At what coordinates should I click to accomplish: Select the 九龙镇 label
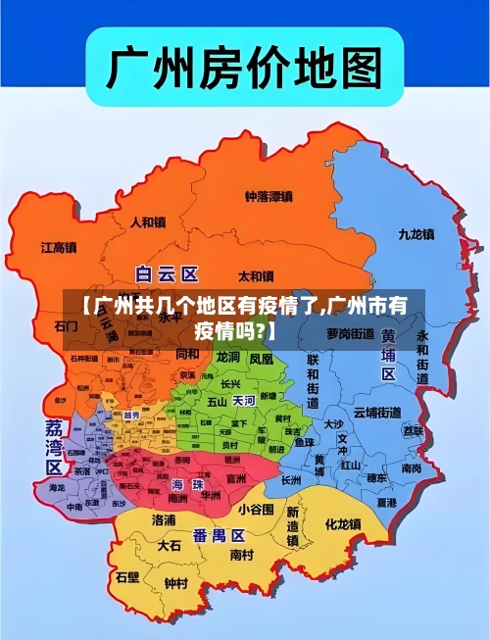tap(416, 234)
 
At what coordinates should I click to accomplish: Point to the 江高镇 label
tap(59, 247)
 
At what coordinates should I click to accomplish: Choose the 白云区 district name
tap(167, 273)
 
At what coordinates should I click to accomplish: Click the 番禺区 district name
tap(218, 535)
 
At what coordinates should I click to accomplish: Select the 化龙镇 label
tap(343, 524)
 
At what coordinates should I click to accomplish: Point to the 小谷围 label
tap(255, 509)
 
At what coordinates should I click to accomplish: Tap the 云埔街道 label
tap(377, 412)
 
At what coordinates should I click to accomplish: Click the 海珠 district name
tap(189, 484)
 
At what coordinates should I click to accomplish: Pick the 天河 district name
tap(243, 401)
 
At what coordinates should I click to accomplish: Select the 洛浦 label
tap(164, 519)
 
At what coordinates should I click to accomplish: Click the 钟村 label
tap(175, 583)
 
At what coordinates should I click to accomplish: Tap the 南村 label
tap(241, 554)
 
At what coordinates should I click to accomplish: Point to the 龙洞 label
tap(228, 358)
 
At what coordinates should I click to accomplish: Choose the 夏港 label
tap(386, 502)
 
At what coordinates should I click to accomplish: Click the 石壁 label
tap(127, 577)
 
